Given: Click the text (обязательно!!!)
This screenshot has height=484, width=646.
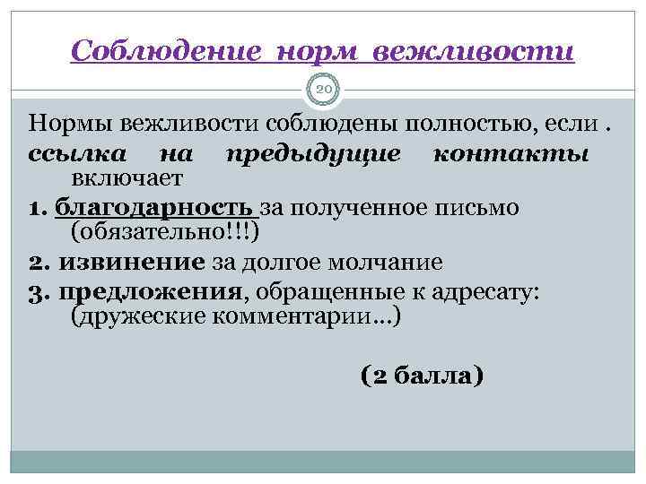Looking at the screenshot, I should coord(165,234).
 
